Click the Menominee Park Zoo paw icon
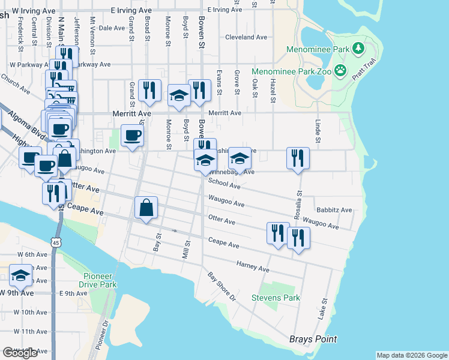pyautogui.click(x=341, y=70)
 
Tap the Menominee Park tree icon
pyautogui.click(x=358, y=47)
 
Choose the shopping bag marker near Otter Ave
pyautogui.click(x=146, y=209)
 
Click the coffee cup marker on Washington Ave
pyautogui.click(x=132, y=135)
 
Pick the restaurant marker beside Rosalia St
pyautogui.click(x=298, y=158)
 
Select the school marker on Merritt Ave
pyautogui.click(x=179, y=95)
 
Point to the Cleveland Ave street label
pyautogui.click(x=246, y=37)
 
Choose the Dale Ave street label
pyautogui.click(x=111, y=28)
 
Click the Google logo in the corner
pyautogui.click(x=20, y=353)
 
